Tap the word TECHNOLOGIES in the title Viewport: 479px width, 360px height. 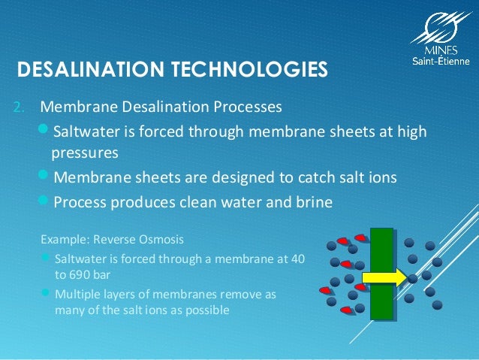pyautogui.click(x=249, y=70)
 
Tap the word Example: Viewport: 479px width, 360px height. pyautogui.click(x=65, y=240)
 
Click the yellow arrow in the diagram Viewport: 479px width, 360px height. pyautogui.click(x=386, y=277)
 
